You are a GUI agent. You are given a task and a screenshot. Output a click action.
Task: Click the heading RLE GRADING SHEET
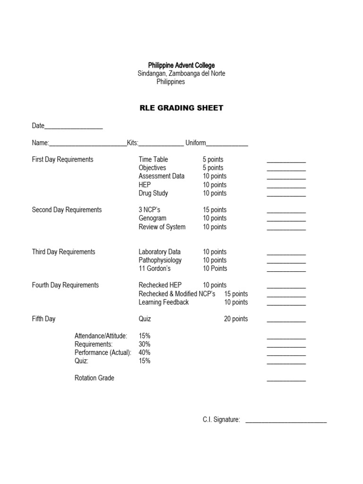(x=181, y=108)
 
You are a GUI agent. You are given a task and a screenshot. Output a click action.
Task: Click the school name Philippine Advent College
(x=181, y=65)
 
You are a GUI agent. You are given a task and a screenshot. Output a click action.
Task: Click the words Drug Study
(x=153, y=193)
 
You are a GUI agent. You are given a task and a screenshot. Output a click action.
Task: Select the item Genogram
(x=152, y=218)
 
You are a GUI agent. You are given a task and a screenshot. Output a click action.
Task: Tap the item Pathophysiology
(x=160, y=260)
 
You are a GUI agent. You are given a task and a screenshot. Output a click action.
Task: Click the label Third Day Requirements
(x=63, y=252)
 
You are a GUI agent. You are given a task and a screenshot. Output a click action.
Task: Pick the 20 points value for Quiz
(x=236, y=319)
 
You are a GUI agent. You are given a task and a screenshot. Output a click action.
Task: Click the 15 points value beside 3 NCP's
(x=215, y=210)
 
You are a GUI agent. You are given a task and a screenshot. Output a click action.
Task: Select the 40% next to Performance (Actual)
(x=145, y=353)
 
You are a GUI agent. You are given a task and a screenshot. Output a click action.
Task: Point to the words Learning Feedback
(x=164, y=302)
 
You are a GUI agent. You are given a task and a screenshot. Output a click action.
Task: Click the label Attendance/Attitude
(x=101, y=336)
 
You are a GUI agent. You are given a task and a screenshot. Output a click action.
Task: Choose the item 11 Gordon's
(x=155, y=268)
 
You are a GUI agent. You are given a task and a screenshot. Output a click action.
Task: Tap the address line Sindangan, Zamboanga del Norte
(x=181, y=74)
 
